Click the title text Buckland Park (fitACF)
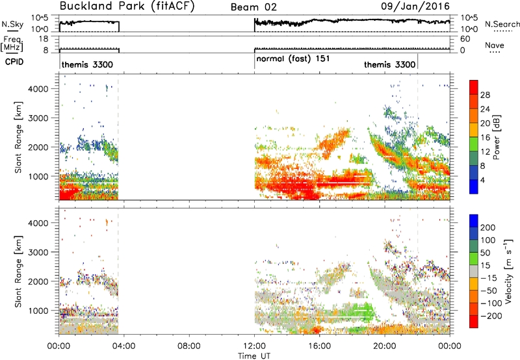point(127,6)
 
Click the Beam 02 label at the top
point(253,7)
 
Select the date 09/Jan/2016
point(415,6)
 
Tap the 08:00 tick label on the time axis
point(188,346)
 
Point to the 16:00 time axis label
point(319,346)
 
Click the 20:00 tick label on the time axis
point(385,346)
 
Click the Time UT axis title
point(254,356)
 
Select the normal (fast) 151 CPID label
point(293,58)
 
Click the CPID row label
point(14,62)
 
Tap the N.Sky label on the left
point(12,24)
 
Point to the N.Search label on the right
point(502,24)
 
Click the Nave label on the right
point(495,45)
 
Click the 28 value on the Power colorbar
point(485,95)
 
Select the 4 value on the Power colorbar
point(483,180)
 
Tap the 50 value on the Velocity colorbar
point(486,253)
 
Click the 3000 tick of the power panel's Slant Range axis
point(38,118)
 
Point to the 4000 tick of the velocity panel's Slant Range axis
point(38,223)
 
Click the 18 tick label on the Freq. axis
point(44,39)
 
